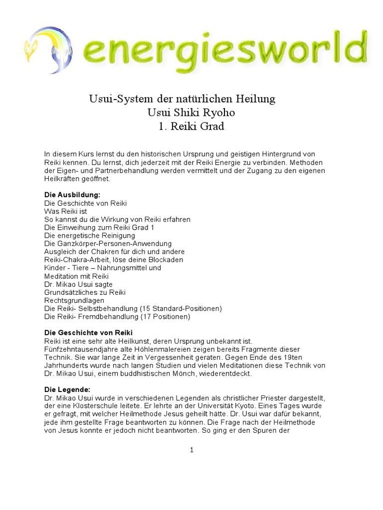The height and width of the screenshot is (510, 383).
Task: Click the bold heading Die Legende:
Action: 66,389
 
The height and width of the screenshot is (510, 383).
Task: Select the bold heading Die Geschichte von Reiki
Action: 88,332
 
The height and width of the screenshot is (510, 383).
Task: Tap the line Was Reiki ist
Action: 66,211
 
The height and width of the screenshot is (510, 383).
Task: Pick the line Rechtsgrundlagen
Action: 74,300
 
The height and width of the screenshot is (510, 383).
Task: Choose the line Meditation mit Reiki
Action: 76,276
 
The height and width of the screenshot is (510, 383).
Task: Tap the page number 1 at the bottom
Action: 191,450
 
